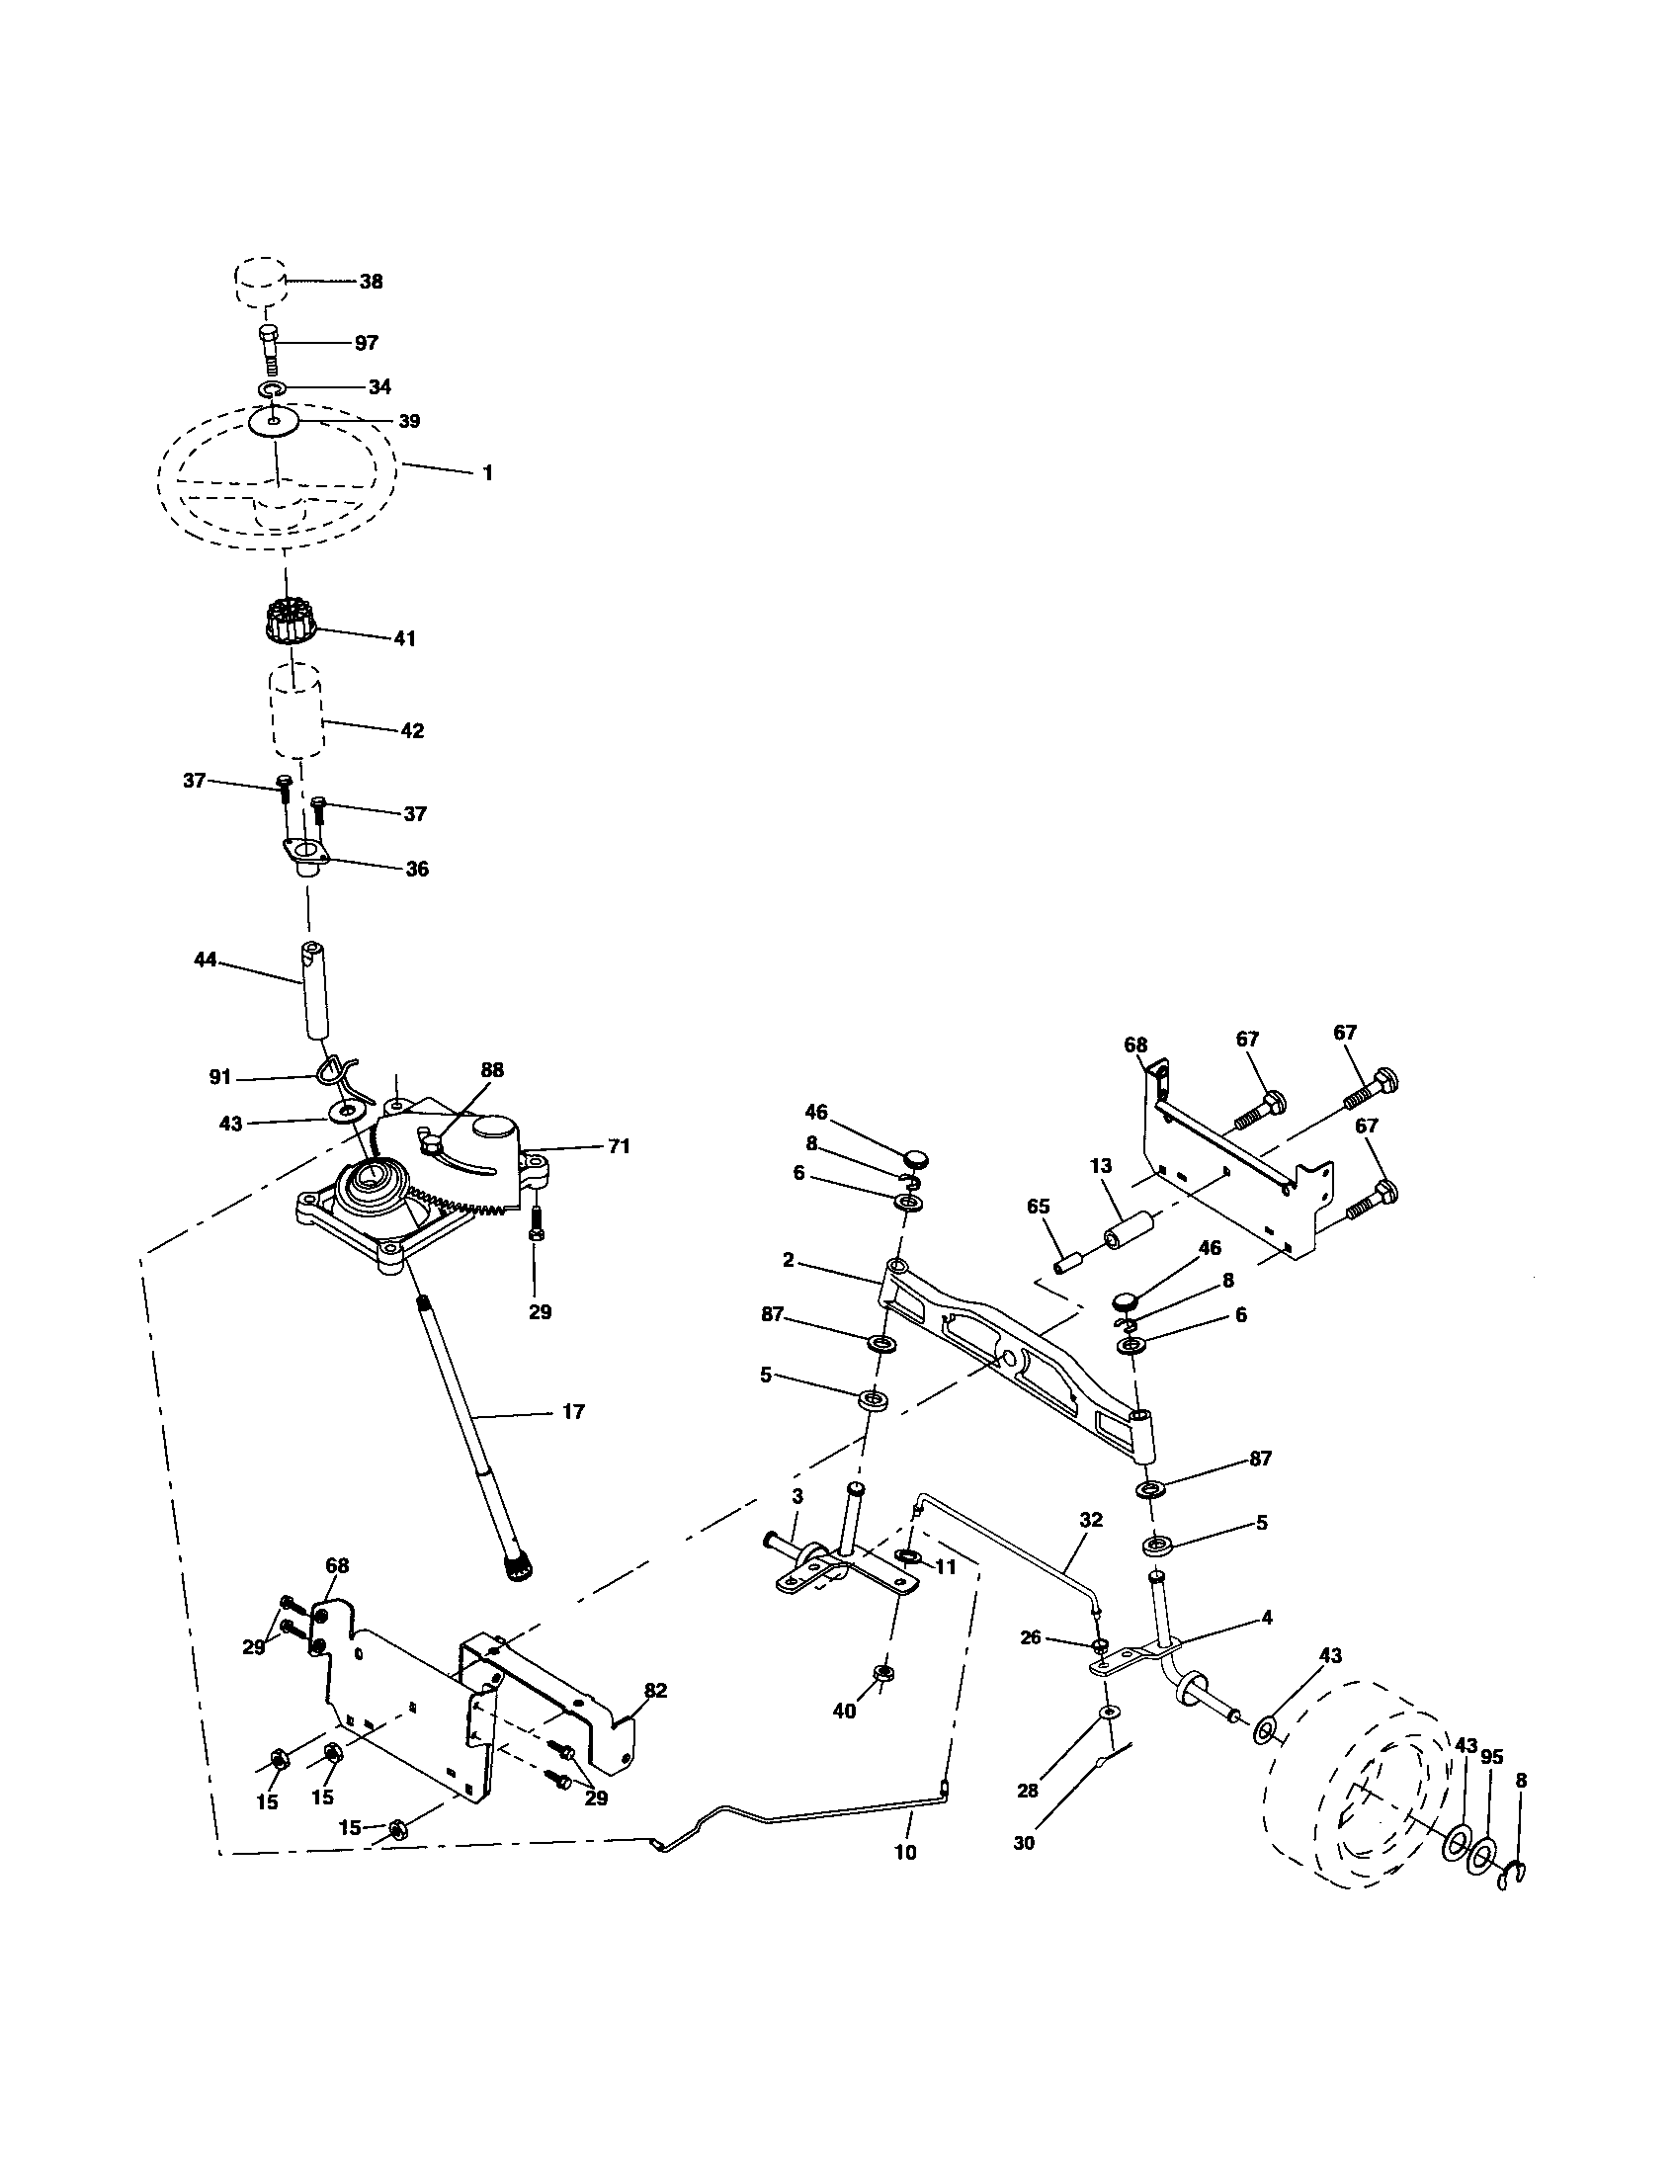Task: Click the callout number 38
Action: pos(371,282)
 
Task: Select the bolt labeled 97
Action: pos(270,349)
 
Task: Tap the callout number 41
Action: pos(403,638)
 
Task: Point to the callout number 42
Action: pos(411,730)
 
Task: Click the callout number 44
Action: pos(205,961)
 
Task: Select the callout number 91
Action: pos(220,1077)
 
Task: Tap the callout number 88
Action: pos(492,1069)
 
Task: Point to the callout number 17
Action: pos(573,1410)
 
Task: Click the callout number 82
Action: pos(655,1691)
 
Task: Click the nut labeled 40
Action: pos(881,1672)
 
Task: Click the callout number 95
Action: pos(1491,1757)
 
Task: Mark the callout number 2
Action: pos(789,1260)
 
